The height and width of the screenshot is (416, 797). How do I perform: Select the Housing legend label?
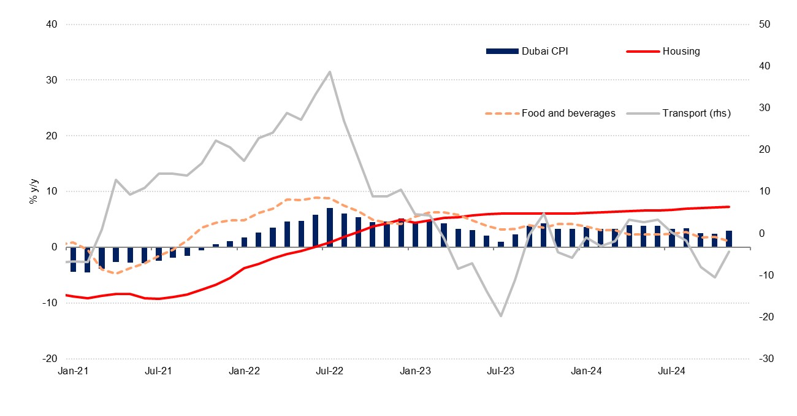tap(681, 52)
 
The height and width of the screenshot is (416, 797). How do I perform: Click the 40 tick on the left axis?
tap(50, 25)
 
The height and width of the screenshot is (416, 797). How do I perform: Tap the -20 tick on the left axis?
tap(49, 359)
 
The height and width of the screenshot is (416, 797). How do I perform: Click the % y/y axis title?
tap(34, 191)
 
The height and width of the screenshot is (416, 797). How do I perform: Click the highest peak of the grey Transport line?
tap(330, 72)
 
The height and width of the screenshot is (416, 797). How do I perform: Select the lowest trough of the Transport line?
tap(501, 316)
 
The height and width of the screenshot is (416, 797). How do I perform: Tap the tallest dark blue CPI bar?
tap(330, 228)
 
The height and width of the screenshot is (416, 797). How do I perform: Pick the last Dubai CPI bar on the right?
tap(729, 239)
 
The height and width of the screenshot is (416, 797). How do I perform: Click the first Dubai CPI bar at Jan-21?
tap(73, 259)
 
